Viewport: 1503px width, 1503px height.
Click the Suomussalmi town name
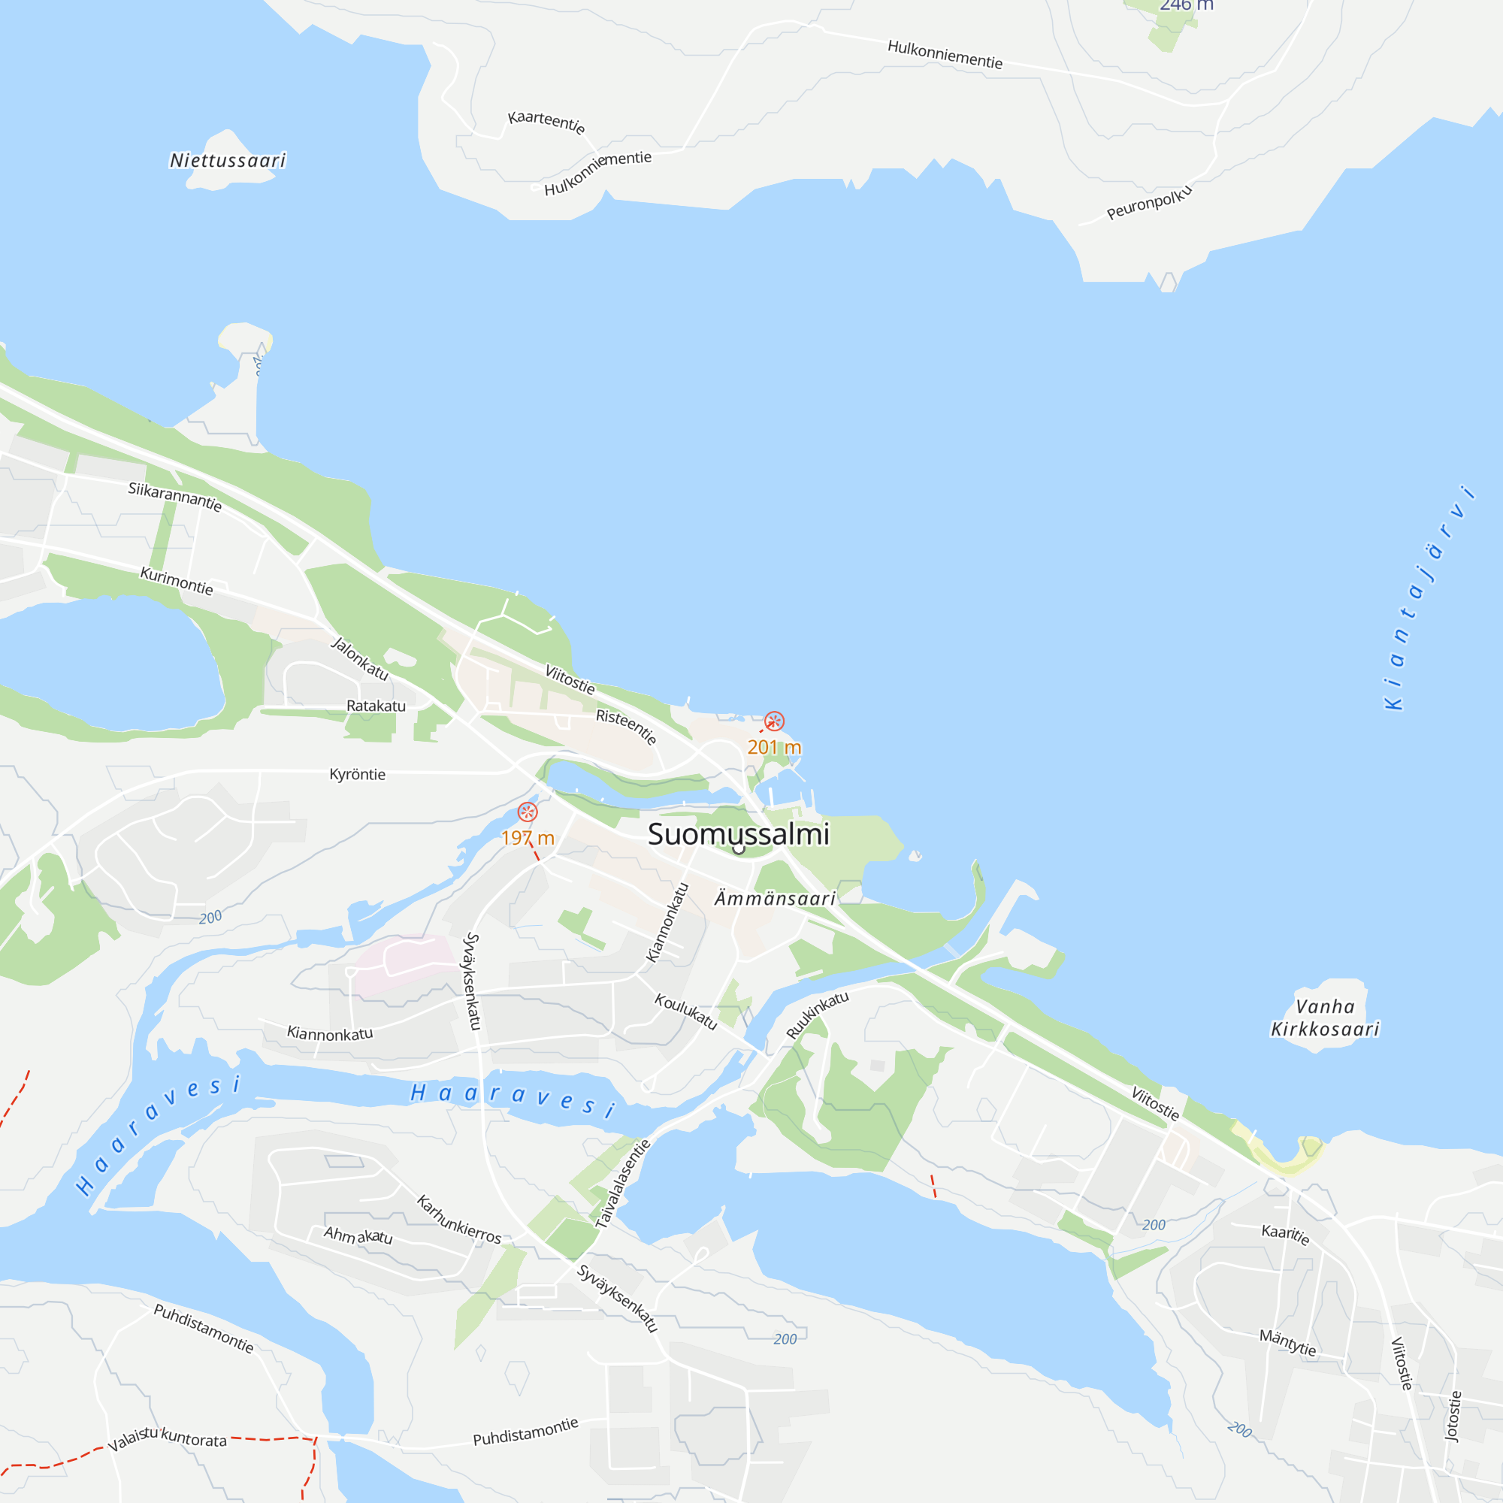click(738, 834)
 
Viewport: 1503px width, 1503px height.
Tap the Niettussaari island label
click(228, 160)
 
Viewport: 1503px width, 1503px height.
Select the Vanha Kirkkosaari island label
click(1325, 1018)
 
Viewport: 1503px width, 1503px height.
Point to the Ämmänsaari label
click(775, 899)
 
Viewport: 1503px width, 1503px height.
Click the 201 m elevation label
click(774, 748)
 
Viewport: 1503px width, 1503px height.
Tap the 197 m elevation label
click(528, 838)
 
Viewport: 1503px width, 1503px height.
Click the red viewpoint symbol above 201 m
click(774, 721)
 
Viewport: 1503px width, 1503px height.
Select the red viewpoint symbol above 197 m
click(528, 812)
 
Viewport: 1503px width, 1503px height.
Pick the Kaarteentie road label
click(546, 121)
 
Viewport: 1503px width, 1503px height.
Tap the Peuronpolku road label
click(1149, 202)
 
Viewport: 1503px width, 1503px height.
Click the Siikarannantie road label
click(175, 496)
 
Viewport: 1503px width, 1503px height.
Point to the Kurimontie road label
click(177, 580)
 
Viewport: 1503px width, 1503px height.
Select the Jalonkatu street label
click(359, 658)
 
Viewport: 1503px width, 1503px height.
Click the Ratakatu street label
click(376, 706)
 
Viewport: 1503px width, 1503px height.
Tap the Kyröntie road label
click(357, 774)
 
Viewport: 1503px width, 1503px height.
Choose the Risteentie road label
click(626, 726)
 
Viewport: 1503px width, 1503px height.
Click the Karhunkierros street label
click(459, 1219)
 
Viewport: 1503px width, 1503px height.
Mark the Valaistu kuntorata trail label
click(168, 1438)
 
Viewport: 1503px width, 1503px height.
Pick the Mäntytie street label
click(1287, 1342)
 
